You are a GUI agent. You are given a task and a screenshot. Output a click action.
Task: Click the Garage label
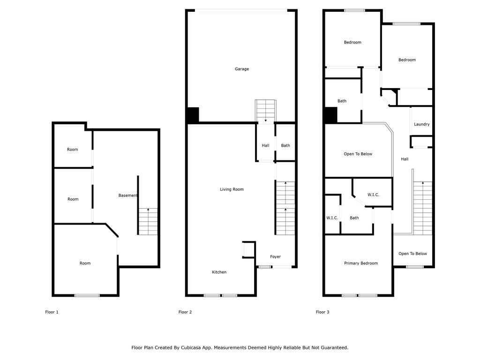242,69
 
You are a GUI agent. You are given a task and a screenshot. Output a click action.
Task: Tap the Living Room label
232,189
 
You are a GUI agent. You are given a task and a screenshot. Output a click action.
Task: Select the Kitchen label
219,272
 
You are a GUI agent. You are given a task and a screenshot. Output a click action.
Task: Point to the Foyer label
275,256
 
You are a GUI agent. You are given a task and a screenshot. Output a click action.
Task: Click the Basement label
128,195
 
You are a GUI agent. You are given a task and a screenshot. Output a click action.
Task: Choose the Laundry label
422,124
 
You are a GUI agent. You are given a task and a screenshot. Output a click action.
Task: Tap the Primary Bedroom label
361,263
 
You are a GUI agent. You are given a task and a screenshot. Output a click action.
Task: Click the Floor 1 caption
52,312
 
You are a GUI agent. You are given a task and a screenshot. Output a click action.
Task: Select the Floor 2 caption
185,312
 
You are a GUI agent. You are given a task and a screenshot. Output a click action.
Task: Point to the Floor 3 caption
322,312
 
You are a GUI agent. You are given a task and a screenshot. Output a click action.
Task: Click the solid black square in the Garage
193,115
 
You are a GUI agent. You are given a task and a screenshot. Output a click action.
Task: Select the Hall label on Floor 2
265,145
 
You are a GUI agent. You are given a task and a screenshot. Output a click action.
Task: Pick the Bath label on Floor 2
285,145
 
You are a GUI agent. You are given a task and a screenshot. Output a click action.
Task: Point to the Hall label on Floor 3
405,159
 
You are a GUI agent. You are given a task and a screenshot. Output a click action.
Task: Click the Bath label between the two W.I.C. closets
354,217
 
